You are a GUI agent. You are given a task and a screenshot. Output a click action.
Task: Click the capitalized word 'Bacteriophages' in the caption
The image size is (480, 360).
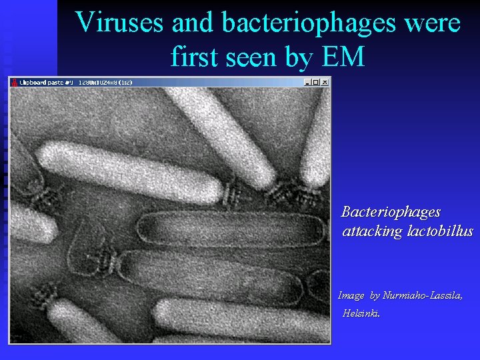(391, 212)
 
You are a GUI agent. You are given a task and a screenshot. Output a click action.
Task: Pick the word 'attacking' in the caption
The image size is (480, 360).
(372, 232)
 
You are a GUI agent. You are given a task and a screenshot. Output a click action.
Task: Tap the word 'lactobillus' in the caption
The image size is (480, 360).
(440, 231)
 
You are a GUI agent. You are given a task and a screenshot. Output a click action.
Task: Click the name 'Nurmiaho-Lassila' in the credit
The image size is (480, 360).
(422, 295)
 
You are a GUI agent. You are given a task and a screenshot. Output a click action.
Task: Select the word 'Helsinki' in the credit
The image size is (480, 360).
(361, 313)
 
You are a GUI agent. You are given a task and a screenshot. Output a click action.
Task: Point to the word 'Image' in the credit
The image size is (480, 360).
(351, 295)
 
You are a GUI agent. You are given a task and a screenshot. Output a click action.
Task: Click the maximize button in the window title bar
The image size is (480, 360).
(316, 82)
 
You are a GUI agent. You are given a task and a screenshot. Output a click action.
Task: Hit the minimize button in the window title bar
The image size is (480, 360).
(308, 82)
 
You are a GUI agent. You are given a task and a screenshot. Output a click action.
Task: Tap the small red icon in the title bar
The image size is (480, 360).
(14, 83)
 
